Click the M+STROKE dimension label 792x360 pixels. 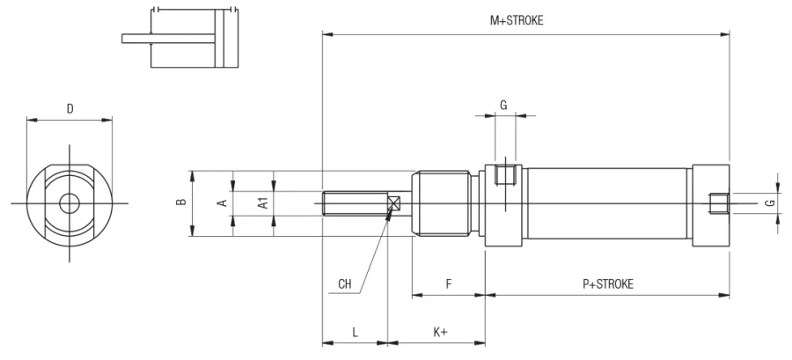click(x=517, y=21)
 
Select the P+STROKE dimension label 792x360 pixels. click(x=607, y=283)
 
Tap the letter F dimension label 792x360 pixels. click(x=449, y=283)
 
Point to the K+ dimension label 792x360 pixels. click(x=441, y=332)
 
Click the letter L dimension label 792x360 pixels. click(x=356, y=332)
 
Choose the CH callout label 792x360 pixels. click(x=345, y=283)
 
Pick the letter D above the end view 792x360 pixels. click(x=70, y=108)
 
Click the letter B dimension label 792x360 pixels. click(x=181, y=202)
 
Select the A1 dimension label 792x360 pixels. click(x=262, y=203)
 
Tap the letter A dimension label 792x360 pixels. click(x=222, y=203)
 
